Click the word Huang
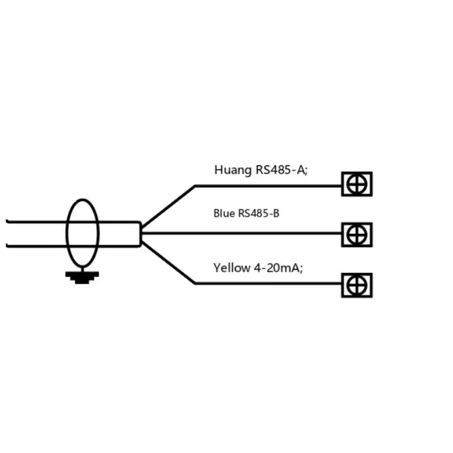233,170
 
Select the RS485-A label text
281,170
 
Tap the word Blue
224,213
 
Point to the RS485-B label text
259,213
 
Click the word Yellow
232,268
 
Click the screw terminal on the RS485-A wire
357,184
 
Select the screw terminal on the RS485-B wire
357,234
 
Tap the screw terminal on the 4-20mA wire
357,285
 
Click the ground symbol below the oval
82,277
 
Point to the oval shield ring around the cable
67,233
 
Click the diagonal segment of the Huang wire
168,206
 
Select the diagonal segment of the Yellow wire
168,263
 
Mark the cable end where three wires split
140,234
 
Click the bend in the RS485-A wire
195,186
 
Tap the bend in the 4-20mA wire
195,284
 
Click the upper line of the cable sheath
73,222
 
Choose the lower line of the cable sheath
73,246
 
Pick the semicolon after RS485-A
306,172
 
